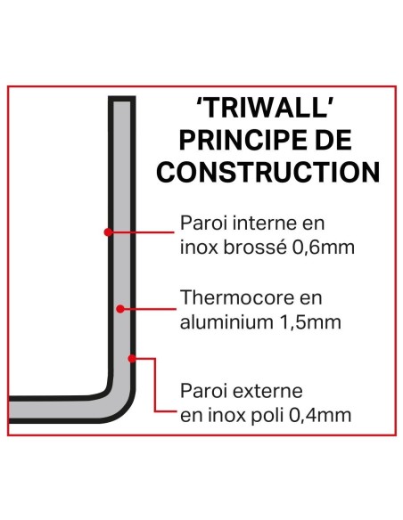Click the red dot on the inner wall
(108, 232)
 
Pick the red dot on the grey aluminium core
(120, 308)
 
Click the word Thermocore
(229, 297)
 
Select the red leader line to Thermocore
(147, 308)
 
